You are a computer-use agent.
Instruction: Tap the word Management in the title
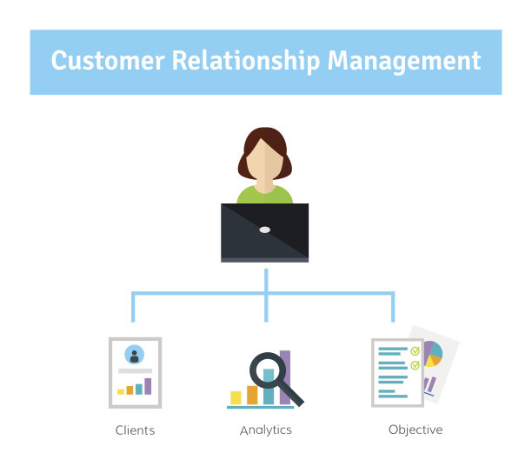404,62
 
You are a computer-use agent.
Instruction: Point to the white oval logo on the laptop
264,230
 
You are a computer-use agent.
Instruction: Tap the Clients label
135,430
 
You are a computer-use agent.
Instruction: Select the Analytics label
265,430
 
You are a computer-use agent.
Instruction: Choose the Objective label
416,430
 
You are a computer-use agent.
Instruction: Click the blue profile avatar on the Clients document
134,355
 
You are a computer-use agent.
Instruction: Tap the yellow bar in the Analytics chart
236,397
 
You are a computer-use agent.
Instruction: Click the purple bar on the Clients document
148,386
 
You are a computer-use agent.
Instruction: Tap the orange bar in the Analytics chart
252,395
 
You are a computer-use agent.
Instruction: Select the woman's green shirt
264,195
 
